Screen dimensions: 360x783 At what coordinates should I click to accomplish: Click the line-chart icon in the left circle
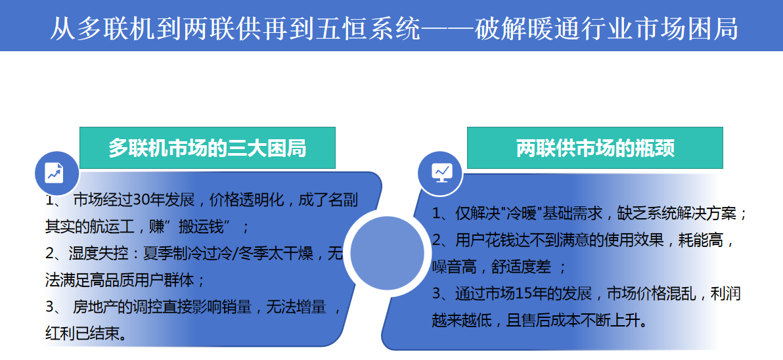pos(55,173)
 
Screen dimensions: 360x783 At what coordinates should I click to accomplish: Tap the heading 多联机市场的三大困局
pos(208,148)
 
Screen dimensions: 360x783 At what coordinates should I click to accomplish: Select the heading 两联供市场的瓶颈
pos(595,148)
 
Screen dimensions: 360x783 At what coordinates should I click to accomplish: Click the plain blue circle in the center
pos(388,253)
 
